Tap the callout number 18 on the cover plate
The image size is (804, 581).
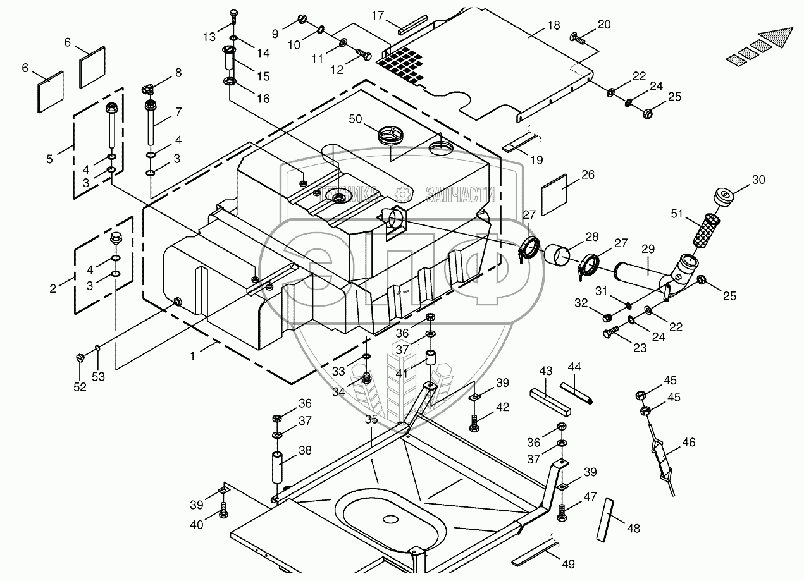(x=554, y=27)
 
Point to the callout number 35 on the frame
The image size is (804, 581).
(x=371, y=419)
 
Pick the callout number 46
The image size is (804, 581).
(x=688, y=443)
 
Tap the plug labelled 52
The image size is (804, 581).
(x=80, y=358)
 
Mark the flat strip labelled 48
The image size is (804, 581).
(x=605, y=518)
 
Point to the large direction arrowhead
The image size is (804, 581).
(x=776, y=40)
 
